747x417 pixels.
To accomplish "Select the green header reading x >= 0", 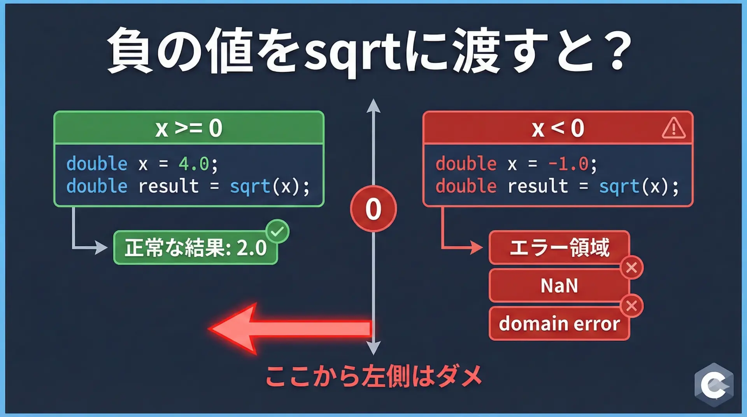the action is (189, 128).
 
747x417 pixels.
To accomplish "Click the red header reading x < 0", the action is (558, 128).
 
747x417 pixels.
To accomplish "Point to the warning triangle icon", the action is (673, 128).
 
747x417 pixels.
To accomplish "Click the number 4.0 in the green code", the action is (194, 164).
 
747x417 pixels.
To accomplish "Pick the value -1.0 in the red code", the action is (568, 164).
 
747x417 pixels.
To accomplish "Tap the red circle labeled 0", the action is (373, 209).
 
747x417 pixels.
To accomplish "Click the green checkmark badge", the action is (277, 232).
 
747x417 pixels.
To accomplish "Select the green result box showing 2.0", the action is (196, 248).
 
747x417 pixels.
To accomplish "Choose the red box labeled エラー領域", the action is (559, 247).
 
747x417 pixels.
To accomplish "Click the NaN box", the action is (559, 286).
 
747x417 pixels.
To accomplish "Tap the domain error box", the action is (559, 323).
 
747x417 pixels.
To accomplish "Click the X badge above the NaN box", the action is (631, 268).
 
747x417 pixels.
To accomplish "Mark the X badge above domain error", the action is (631, 306).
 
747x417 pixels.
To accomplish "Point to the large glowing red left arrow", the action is (290, 329).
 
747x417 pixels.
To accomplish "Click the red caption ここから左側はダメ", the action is (373, 376).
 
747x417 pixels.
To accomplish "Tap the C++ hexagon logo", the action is (714, 385).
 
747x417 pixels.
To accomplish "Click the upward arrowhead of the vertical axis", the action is (373, 105).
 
